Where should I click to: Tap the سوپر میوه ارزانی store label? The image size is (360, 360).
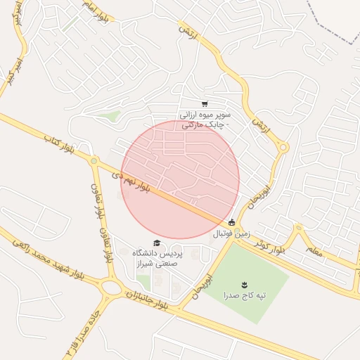click(x=210, y=119)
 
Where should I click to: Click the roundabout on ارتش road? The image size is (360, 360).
click(x=283, y=147)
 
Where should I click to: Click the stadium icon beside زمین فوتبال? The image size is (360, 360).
click(x=232, y=223)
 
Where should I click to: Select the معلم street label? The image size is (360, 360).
click(x=314, y=250)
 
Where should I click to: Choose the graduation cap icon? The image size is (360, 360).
click(x=156, y=243)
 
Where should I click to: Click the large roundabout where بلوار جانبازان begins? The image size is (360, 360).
click(x=110, y=287)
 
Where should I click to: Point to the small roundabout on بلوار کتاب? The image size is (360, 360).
click(x=93, y=161)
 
